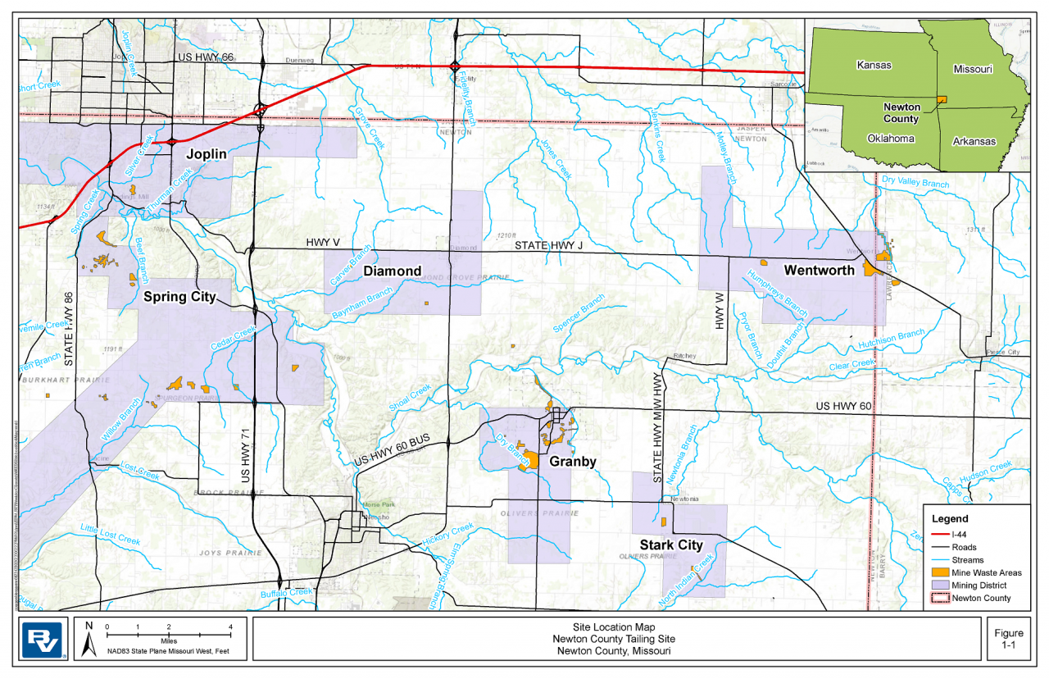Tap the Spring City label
(x=179, y=297)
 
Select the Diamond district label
(x=393, y=271)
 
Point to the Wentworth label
(x=819, y=270)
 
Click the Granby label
(x=573, y=462)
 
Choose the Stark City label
(x=671, y=545)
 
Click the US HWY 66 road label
(x=206, y=57)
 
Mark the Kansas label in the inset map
(x=874, y=64)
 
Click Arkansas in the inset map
(x=974, y=141)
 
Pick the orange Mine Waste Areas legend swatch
(x=939, y=572)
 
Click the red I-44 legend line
(x=939, y=534)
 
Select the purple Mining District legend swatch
(x=939, y=586)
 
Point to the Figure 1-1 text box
(x=1009, y=639)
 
